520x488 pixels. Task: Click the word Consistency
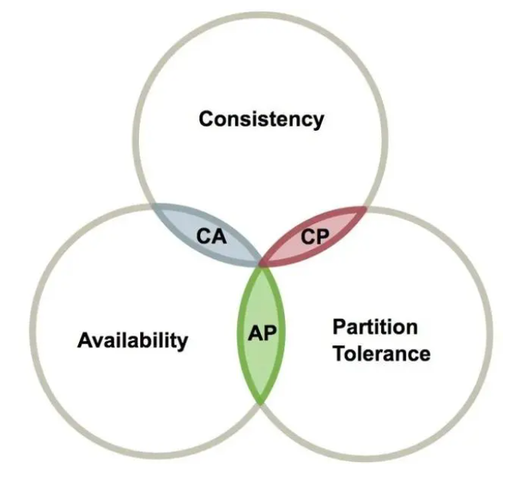(x=261, y=119)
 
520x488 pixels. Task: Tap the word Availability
(x=133, y=340)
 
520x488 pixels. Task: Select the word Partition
(x=375, y=327)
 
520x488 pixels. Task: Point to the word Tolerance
(x=382, y=353)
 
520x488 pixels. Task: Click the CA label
(x=211, y=236)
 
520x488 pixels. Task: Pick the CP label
(x=315, y=237)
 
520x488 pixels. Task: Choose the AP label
(x=262, y=333)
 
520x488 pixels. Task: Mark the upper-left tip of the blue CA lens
(x=153, y=205)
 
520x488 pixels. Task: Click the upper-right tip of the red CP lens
(x=366, y=208)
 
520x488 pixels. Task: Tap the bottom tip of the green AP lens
(x=261, y=403)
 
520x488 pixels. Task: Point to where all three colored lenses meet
(x=261, y=264)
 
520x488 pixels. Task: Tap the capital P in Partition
(x=340, y=327)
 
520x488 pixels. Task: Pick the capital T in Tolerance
(x=341, y=353)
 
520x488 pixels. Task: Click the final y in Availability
(x=182, y=343)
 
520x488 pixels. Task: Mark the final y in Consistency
(x=318, y=122)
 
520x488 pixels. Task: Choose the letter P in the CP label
(x=322, y=237)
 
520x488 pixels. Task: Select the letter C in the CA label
(x=203, y=236)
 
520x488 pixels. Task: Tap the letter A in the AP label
(x=255, y=333)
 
